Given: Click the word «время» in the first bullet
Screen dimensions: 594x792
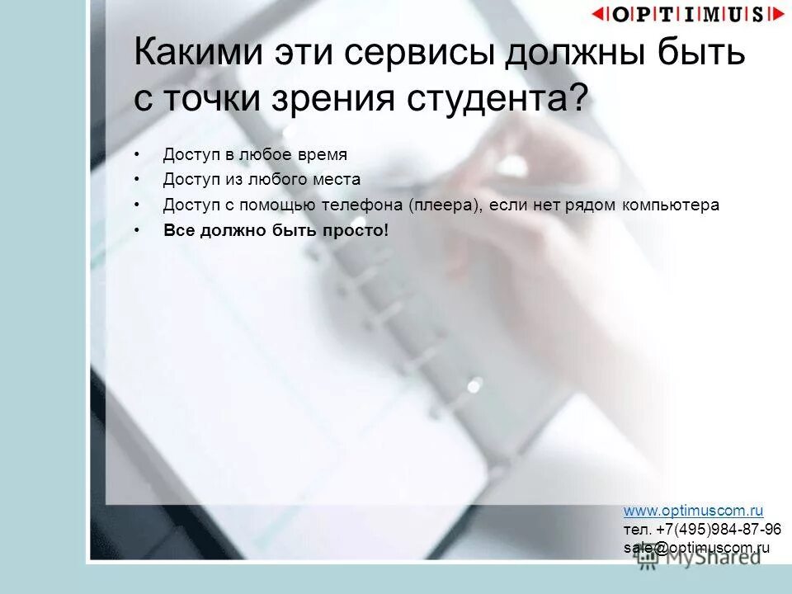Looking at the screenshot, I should click(x=321, y=154).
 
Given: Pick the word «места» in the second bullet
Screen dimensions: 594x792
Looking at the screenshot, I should click(x=333, y=180).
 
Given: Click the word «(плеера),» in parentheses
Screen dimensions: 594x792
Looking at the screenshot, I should click(x=445, y=205).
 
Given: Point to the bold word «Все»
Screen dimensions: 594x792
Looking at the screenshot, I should click(x=177, y=231).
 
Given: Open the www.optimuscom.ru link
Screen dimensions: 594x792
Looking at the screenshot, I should click(x=693, y=511).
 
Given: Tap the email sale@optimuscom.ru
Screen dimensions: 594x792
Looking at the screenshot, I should click(x=696, y=547).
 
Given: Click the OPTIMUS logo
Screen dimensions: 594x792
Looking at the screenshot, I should click(x=688, y=14).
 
